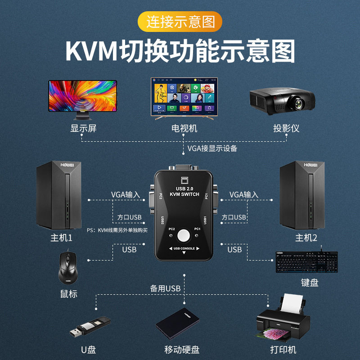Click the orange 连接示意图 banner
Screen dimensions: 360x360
tap(180, 21)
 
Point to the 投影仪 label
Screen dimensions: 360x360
tap(286, 128)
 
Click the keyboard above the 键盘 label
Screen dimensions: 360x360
tap(306, 262)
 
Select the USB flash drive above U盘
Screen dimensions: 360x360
tap(90, 327)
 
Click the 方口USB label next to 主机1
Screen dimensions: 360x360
tap(129, 217)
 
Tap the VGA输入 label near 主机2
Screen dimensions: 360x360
tap(244, 194)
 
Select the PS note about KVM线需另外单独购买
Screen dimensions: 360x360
tap(117, 231)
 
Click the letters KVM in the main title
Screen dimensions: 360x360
tap(90, 51)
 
